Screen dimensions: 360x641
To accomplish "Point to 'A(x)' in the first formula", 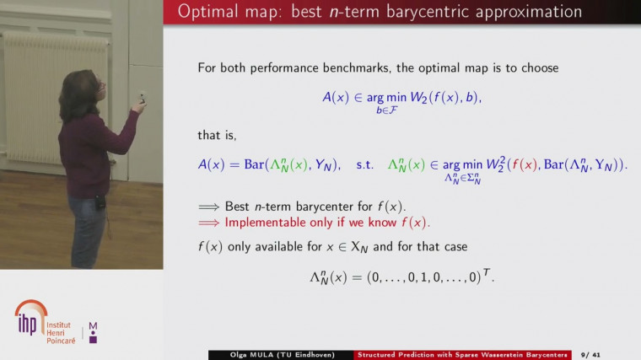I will [336, 98].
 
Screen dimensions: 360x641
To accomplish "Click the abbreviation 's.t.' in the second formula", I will [364, 164].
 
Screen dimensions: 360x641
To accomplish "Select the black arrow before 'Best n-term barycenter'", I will [209, 206].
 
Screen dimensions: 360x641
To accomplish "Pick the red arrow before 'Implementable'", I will [209, 223].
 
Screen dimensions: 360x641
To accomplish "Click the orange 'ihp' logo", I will [30, 318].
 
